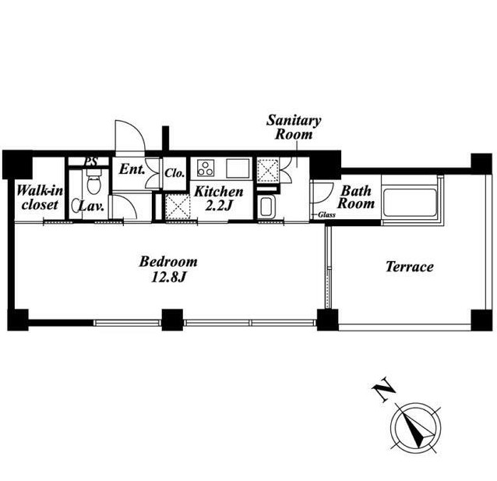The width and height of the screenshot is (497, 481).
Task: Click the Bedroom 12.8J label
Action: (x=168, y=269)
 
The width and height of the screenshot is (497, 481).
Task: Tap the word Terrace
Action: (x=409, y=267)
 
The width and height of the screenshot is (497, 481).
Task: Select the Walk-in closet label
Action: (x=40, y=198)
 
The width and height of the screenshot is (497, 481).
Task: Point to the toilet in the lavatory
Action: (x=93, y=181)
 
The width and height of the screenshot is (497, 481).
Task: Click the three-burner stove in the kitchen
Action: (x=206, y=168)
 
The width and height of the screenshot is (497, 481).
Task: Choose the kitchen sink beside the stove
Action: (x=238, y=168)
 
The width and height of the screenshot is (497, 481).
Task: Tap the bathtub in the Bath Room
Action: (x=410, y=203)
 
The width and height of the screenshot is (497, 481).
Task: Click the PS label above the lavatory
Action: (x=90, y=162)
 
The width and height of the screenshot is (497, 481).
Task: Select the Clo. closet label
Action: (x=174, y=173)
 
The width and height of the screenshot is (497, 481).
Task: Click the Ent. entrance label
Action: (x=132, y=169)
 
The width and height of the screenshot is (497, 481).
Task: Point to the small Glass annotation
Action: (x=326, y=215)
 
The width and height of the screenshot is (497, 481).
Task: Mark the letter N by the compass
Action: (x=383, y=389)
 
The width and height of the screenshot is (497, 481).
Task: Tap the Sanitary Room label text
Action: (x=294, y=127)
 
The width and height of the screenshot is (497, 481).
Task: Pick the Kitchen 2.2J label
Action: (x=219, y=199)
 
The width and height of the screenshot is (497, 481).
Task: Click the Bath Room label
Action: (x=356, y=197)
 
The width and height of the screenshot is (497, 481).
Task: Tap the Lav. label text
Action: (x=91, y=207)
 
